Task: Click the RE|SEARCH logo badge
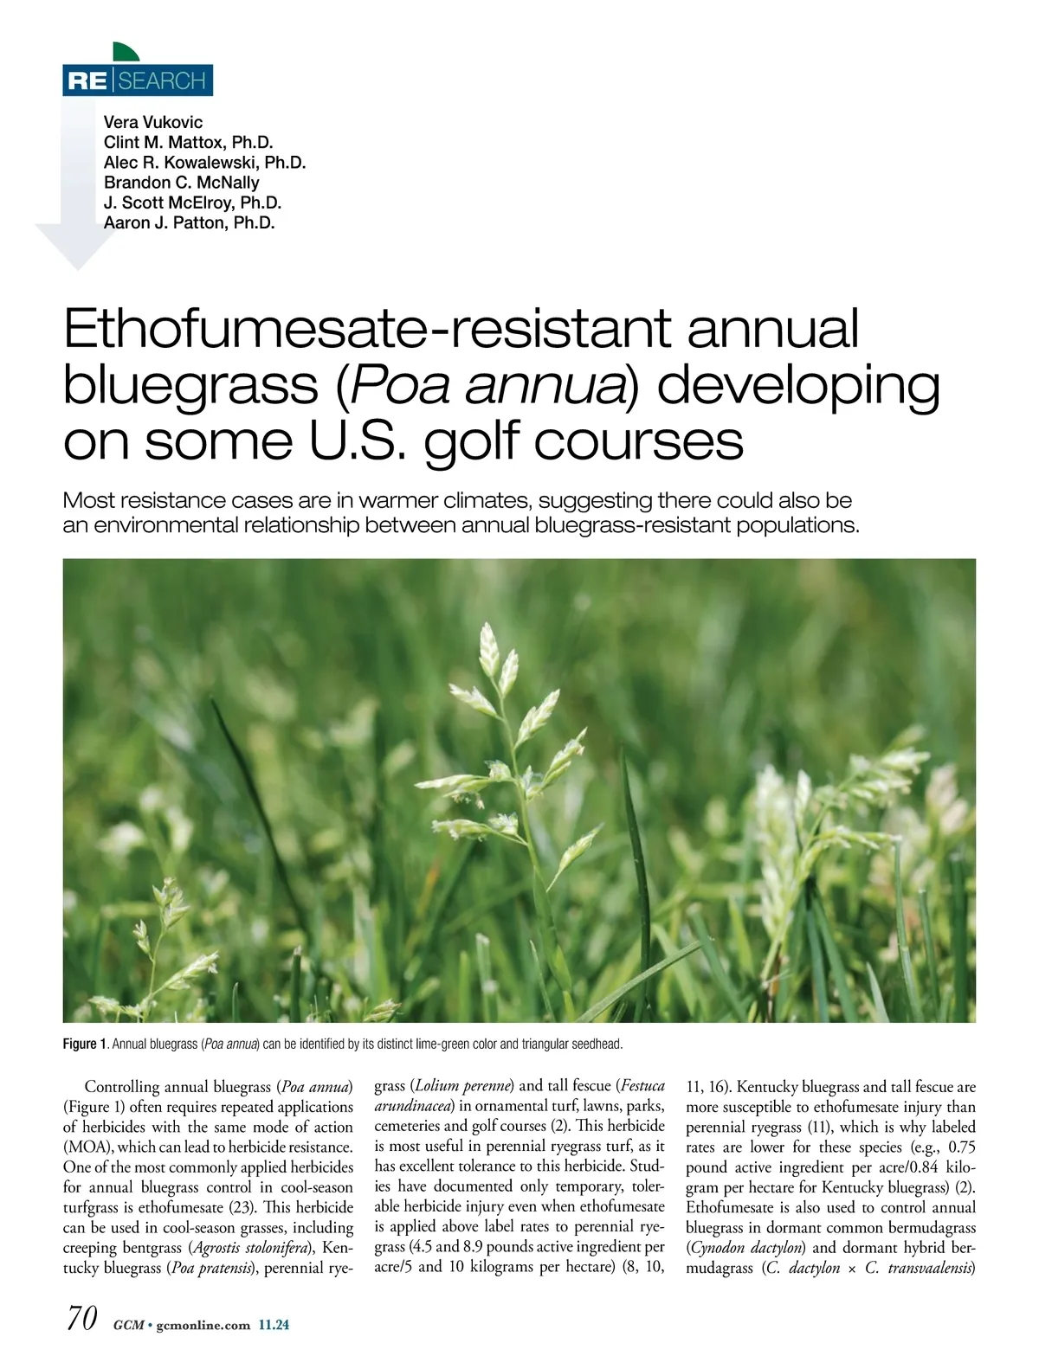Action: pos(138,80)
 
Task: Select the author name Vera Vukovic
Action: pos(153,122)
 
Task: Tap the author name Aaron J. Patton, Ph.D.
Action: pos(189,222)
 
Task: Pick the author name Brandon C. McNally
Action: pos(181,183)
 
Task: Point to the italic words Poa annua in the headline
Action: pos(487,385)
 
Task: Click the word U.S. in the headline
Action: pos(354,441)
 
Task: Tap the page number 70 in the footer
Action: pos(81,1318)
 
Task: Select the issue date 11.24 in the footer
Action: pos(274,1325)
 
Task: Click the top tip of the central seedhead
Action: pos(487,629)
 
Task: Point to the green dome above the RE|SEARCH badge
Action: pos(125,52)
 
